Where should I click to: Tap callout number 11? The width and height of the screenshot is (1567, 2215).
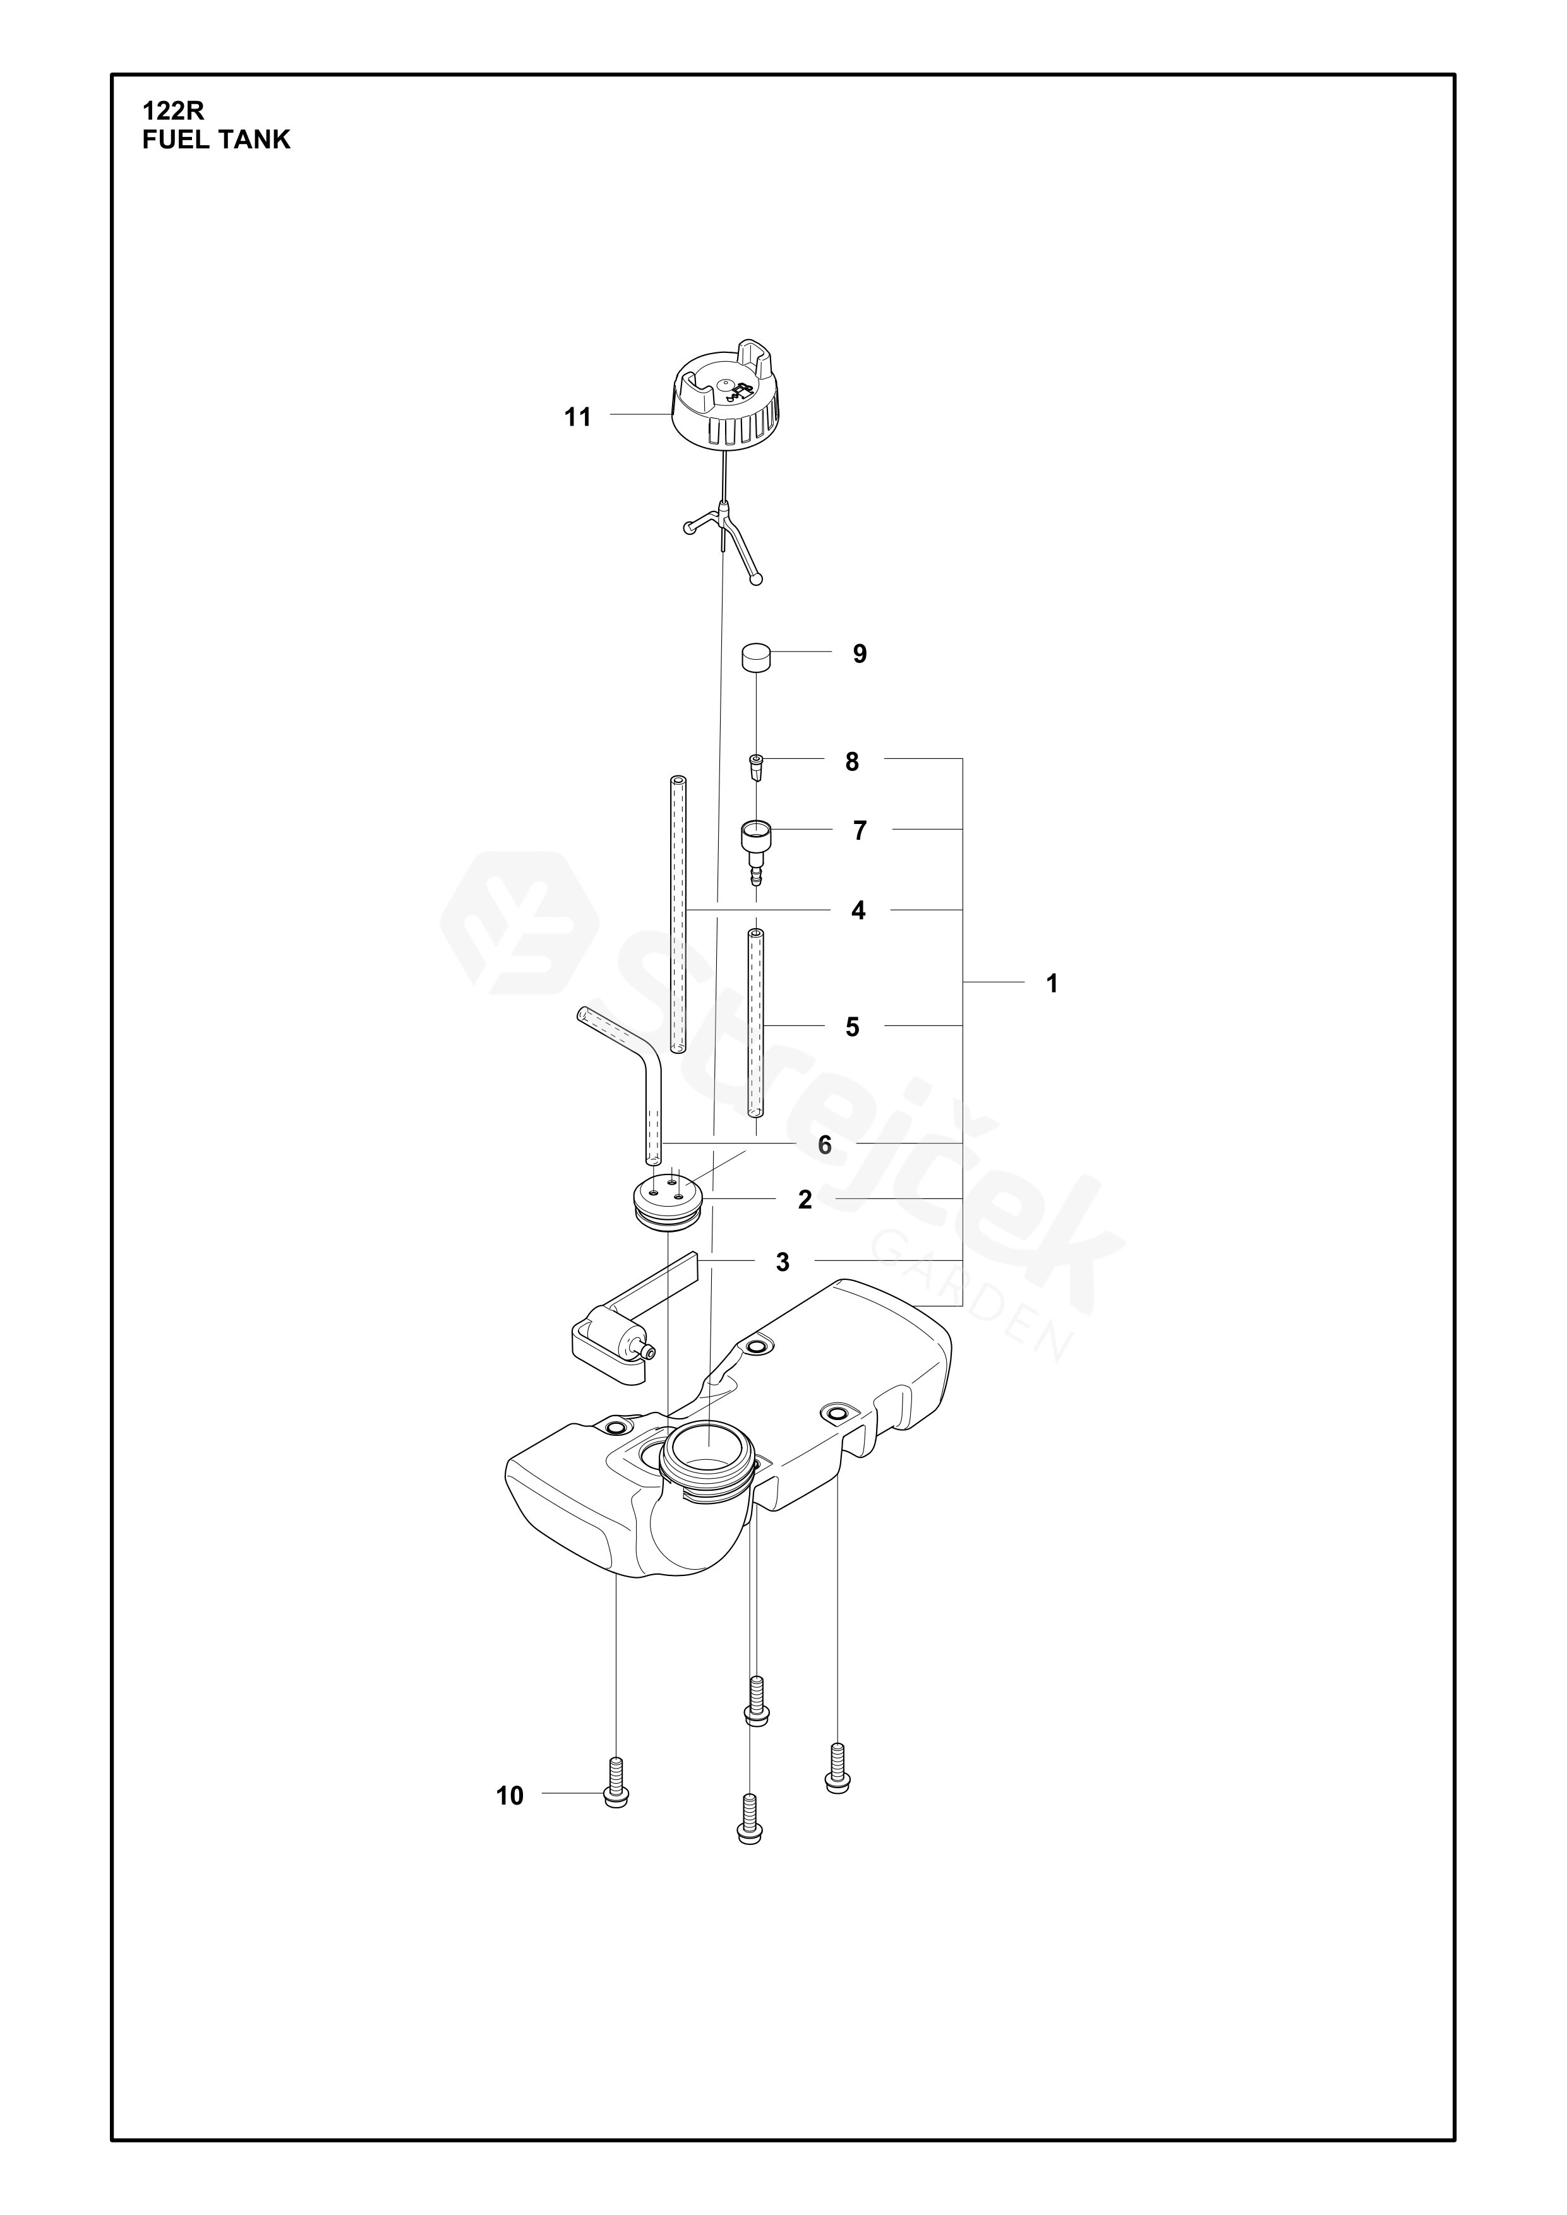click(577, 418)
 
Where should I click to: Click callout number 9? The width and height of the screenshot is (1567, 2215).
click(859, 655)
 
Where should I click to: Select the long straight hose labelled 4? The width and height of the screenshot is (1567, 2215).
click(677, 912)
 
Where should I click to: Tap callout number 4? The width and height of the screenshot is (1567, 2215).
click(858, 910)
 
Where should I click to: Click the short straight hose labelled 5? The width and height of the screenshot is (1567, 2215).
click(755, 1024)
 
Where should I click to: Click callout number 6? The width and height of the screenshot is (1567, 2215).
click(824, 1145)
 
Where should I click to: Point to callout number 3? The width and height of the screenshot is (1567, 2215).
click(783, 1262)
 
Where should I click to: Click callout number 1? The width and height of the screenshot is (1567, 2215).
click(1052, 984)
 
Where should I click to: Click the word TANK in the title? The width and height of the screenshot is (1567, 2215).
click(255, 141)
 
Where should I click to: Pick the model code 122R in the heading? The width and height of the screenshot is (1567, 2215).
click(174, 111)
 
